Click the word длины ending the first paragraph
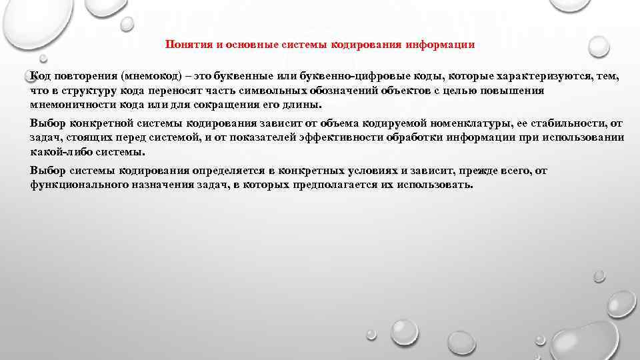pyautogui.click(x=304, y=105)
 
